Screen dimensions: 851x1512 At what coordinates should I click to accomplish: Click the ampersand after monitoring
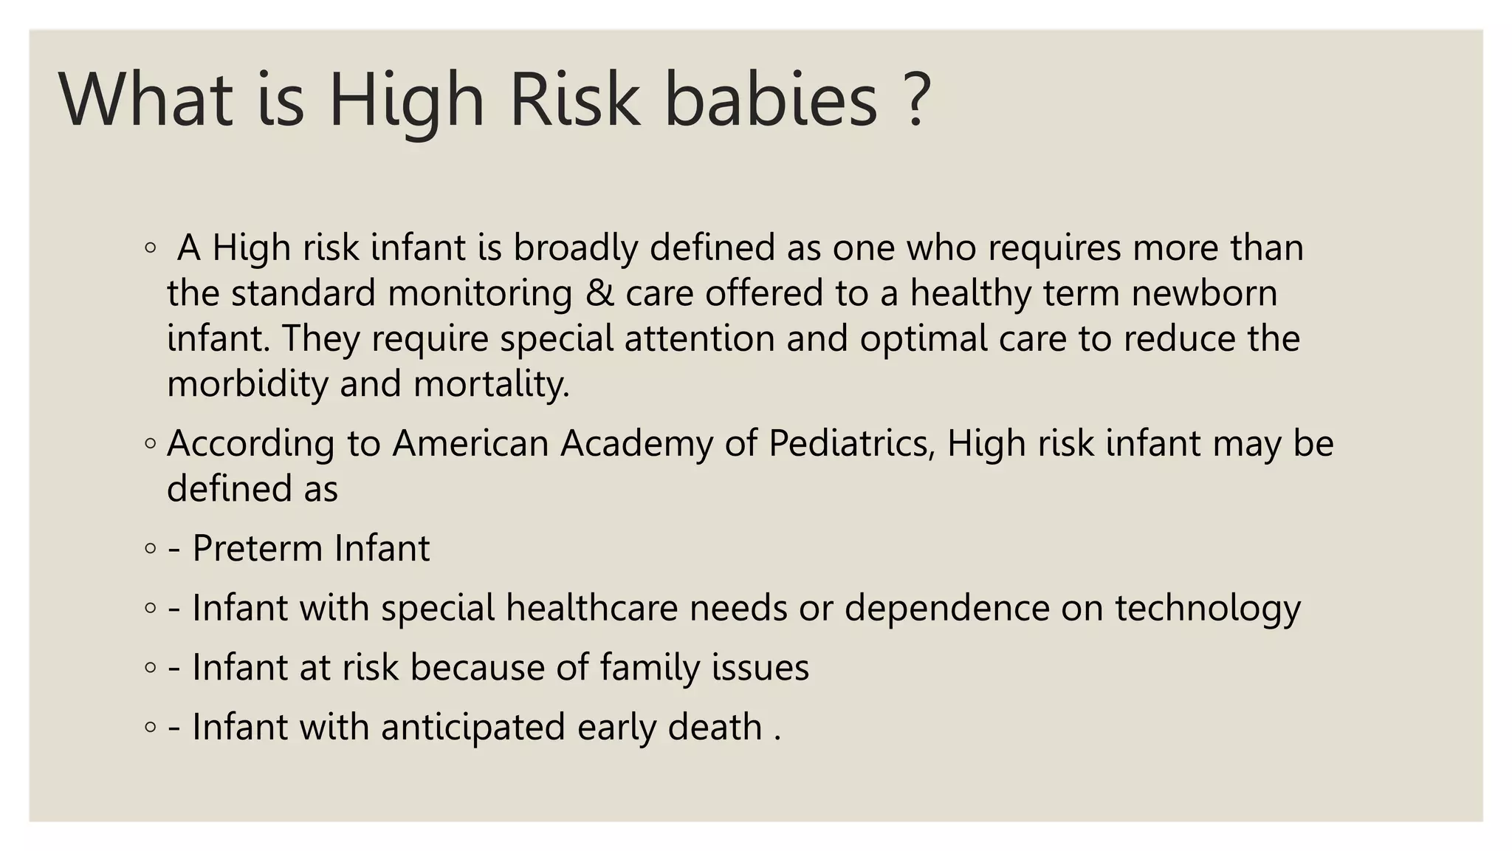[x=599, y=293]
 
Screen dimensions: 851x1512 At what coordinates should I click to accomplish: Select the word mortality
[x=491, y=384]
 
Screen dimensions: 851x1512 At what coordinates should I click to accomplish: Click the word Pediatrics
[x=851, y=444]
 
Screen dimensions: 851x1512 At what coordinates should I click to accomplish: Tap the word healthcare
[x=591, y=609]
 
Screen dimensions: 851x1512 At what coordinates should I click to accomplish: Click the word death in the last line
[x=715, y=727]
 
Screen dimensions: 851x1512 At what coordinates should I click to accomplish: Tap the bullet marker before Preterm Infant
[x=151, y=549]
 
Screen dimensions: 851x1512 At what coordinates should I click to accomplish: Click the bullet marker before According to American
[x=151, y=444]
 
